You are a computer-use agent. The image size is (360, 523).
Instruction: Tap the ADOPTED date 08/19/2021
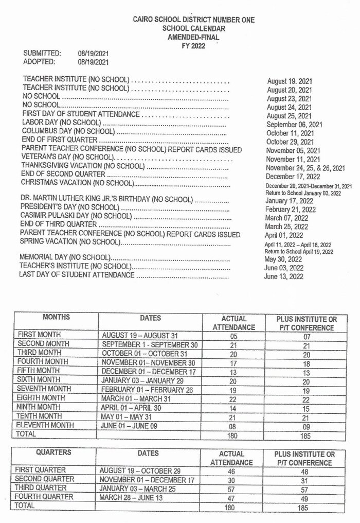click(93, 62)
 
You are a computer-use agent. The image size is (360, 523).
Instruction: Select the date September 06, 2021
click(294, 125)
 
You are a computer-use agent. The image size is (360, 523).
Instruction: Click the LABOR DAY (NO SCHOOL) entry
click(61, 123)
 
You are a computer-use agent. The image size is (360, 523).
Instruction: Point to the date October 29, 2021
click(290, 142)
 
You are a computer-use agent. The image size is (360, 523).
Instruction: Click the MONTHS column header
click(57, 317)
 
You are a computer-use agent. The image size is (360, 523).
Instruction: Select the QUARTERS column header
click(53, 453)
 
